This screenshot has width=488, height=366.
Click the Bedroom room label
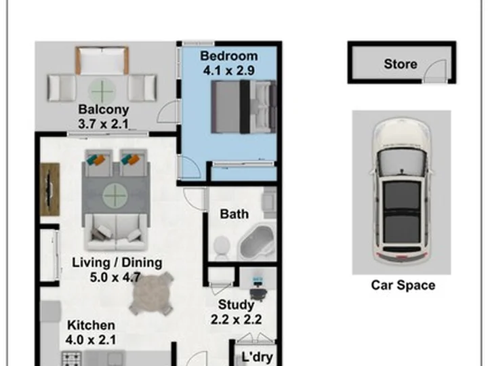pos(229,56)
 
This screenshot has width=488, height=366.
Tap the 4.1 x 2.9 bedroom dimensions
pos(229,70)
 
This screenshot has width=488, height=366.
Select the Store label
pos(401,64)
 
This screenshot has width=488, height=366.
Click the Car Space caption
pos(403,285)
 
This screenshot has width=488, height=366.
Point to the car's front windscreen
pos(401,162)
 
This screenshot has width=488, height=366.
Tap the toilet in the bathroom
pos(222,248)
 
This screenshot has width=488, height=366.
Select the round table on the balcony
pos(102,91)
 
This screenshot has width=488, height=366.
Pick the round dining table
pos(152,293)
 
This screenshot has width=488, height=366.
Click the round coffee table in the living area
pos(115,196)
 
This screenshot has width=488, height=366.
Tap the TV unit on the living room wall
pos(49,189)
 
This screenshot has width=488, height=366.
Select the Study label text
pos(237,305)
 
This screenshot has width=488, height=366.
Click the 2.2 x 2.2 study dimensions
pos(237,320)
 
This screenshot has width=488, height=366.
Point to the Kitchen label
pos(91,325)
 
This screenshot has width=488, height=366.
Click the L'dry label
pos(257,357)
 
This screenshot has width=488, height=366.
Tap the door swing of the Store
pos(435,70)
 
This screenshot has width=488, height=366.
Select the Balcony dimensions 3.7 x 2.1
pos(103,124)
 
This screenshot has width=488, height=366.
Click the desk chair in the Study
pos(258,294)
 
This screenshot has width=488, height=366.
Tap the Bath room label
pos(235,214)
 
